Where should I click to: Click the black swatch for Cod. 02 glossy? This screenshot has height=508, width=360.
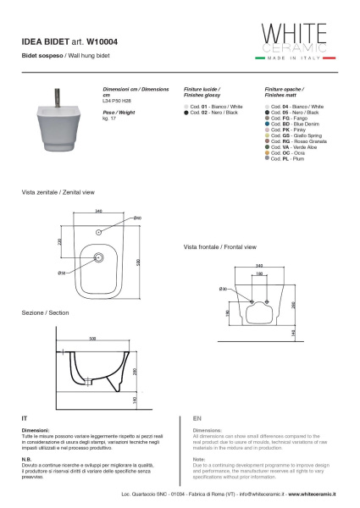[x=186, y=112]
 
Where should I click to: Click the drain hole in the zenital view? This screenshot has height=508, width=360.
[x=98, y=258]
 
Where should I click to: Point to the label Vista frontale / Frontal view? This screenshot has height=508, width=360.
[x=219, y=247]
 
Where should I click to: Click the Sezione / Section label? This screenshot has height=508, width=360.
[x=46, y=312]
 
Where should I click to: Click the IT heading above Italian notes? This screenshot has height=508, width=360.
[x=25, y=418]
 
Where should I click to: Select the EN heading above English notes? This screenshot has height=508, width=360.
[x=197, y=418]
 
